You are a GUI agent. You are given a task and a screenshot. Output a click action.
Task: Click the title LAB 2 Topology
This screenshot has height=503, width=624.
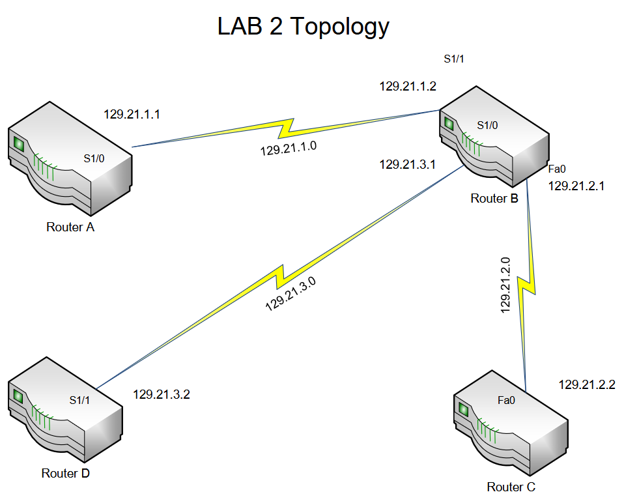tap(304, 26)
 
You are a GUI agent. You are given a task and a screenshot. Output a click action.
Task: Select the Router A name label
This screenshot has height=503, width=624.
tap(70, 227)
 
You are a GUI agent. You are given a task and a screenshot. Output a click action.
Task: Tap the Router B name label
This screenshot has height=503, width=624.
tap(494, 199)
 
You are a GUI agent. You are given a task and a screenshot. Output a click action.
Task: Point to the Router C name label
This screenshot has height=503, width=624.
tap(511, 487)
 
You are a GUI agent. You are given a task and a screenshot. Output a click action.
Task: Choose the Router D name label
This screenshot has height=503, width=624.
tap(65, 474)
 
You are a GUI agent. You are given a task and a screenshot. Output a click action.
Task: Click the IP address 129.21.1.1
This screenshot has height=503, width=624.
tap(132, 114)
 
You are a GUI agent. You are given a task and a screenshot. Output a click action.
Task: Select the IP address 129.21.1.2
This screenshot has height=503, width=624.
tap(408, 86)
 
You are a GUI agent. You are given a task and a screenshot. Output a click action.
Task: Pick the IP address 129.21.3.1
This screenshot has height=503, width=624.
tap(408, 165)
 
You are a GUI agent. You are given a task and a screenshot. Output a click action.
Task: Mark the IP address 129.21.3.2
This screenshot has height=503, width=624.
tap(162, 394)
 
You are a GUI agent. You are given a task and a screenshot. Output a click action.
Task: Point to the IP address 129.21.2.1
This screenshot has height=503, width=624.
tap(576, 186)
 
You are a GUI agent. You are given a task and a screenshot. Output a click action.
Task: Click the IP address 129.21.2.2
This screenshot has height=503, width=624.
tap(587, 385)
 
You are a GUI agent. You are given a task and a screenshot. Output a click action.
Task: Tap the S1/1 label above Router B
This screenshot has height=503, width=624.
tap(453, 59)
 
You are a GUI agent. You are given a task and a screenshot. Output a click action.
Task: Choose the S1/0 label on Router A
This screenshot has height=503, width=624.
tap(94, 158)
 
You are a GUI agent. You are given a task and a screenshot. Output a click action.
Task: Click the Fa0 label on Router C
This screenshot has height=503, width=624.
tap(506, 400)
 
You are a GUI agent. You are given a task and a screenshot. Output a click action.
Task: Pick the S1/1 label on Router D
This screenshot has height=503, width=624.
tap(79, 400)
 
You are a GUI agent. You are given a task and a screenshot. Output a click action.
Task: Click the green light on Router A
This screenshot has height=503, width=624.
tap(19, 144)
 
